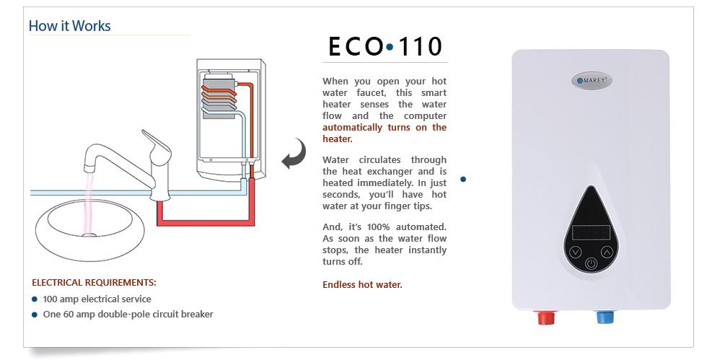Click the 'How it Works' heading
point(69,26)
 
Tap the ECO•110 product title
point(385,46)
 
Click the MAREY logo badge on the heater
point(592,81)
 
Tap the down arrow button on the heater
point(576,252)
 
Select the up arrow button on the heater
point(607,252)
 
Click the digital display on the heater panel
point(591,233)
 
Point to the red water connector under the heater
point(546,317)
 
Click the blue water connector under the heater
point(605,317)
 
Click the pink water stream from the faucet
point(89,203)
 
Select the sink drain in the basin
point(89,234)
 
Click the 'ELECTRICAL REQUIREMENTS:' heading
point(94,283)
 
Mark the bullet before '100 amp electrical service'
point(35,299)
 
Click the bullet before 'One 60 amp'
point(35,315)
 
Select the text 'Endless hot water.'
point(362,285)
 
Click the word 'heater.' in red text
point(338,139)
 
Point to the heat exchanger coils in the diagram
point(219,98)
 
